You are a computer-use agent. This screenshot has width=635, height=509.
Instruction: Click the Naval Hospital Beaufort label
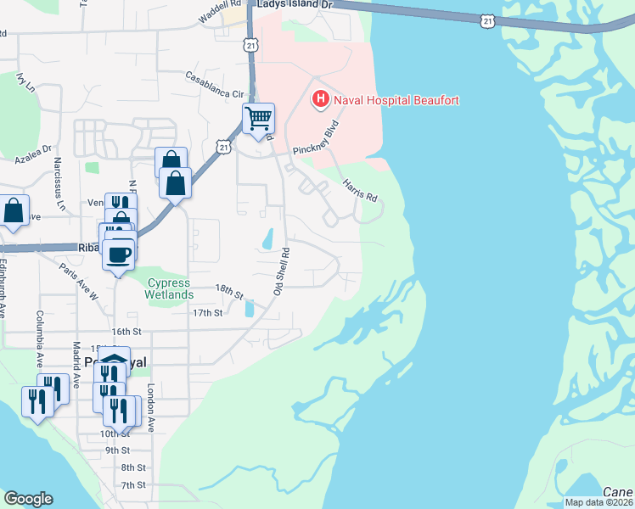[396, 100]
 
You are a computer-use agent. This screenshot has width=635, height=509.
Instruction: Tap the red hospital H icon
[321, 100]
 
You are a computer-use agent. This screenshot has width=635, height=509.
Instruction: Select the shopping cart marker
[258, 117]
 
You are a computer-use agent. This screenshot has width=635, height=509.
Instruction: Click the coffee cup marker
[118, 253]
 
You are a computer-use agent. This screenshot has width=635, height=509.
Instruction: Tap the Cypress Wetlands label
[170, 288]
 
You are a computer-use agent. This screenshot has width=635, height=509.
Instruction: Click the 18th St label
[229, 293]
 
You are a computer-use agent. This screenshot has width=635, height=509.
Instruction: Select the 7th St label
[133, 485]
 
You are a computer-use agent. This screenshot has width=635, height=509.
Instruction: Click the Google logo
[27, 499]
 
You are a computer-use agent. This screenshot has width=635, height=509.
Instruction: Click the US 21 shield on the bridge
[486, 18]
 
